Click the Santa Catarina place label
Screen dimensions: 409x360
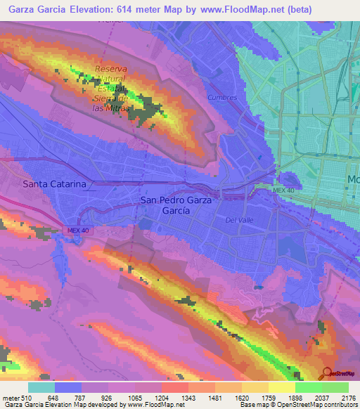54,184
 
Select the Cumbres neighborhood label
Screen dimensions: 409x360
222,98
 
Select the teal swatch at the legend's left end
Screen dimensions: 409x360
41,388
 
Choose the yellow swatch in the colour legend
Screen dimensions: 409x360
281,388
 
